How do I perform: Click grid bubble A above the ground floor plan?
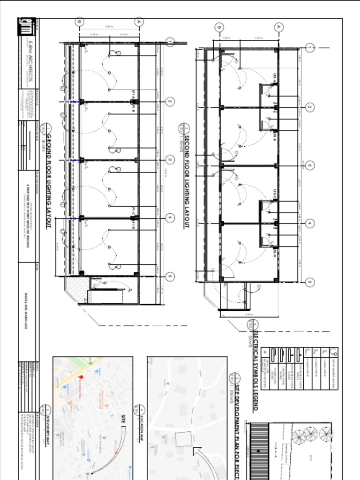139,21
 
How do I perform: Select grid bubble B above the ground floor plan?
79,21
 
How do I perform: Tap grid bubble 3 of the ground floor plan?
170,160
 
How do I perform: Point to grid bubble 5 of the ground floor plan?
170,277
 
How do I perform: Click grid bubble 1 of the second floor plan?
309,48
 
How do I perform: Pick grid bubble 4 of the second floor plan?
309,224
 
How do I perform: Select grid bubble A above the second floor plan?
279,27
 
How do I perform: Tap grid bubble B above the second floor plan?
219,27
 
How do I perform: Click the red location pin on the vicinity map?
81,378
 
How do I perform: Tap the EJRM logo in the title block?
26,26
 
